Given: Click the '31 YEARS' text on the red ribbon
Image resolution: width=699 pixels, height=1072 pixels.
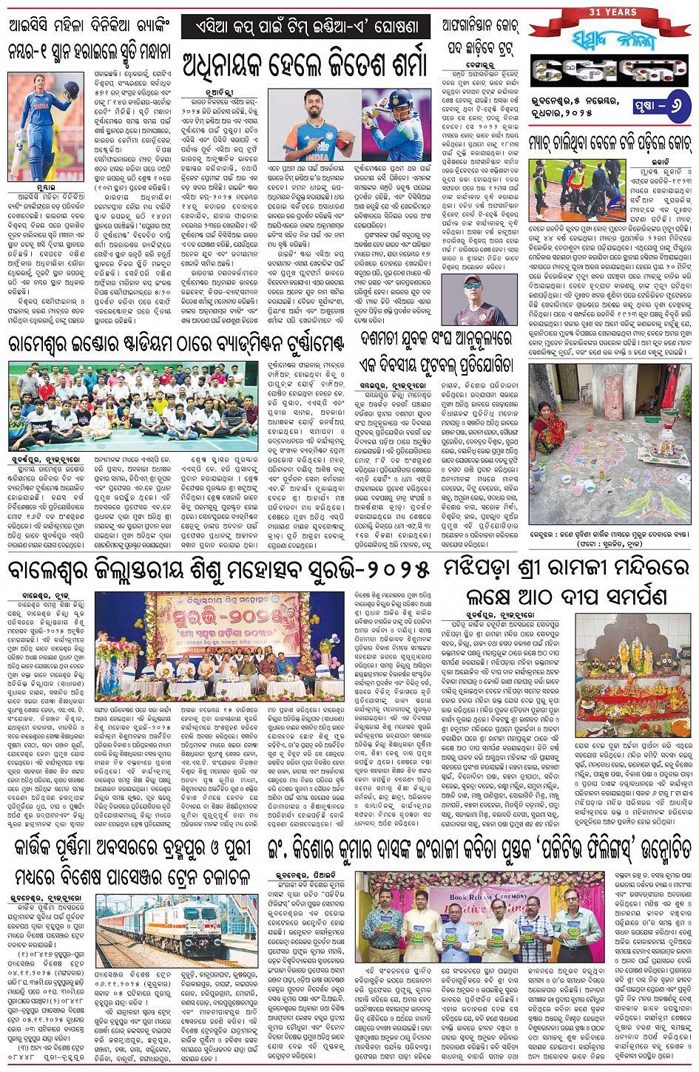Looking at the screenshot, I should point(611,12).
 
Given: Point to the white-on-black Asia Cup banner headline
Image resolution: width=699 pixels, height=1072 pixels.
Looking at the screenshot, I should point(305,27).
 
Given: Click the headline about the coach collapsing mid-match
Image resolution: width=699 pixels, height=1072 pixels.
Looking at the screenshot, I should point(609,140).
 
